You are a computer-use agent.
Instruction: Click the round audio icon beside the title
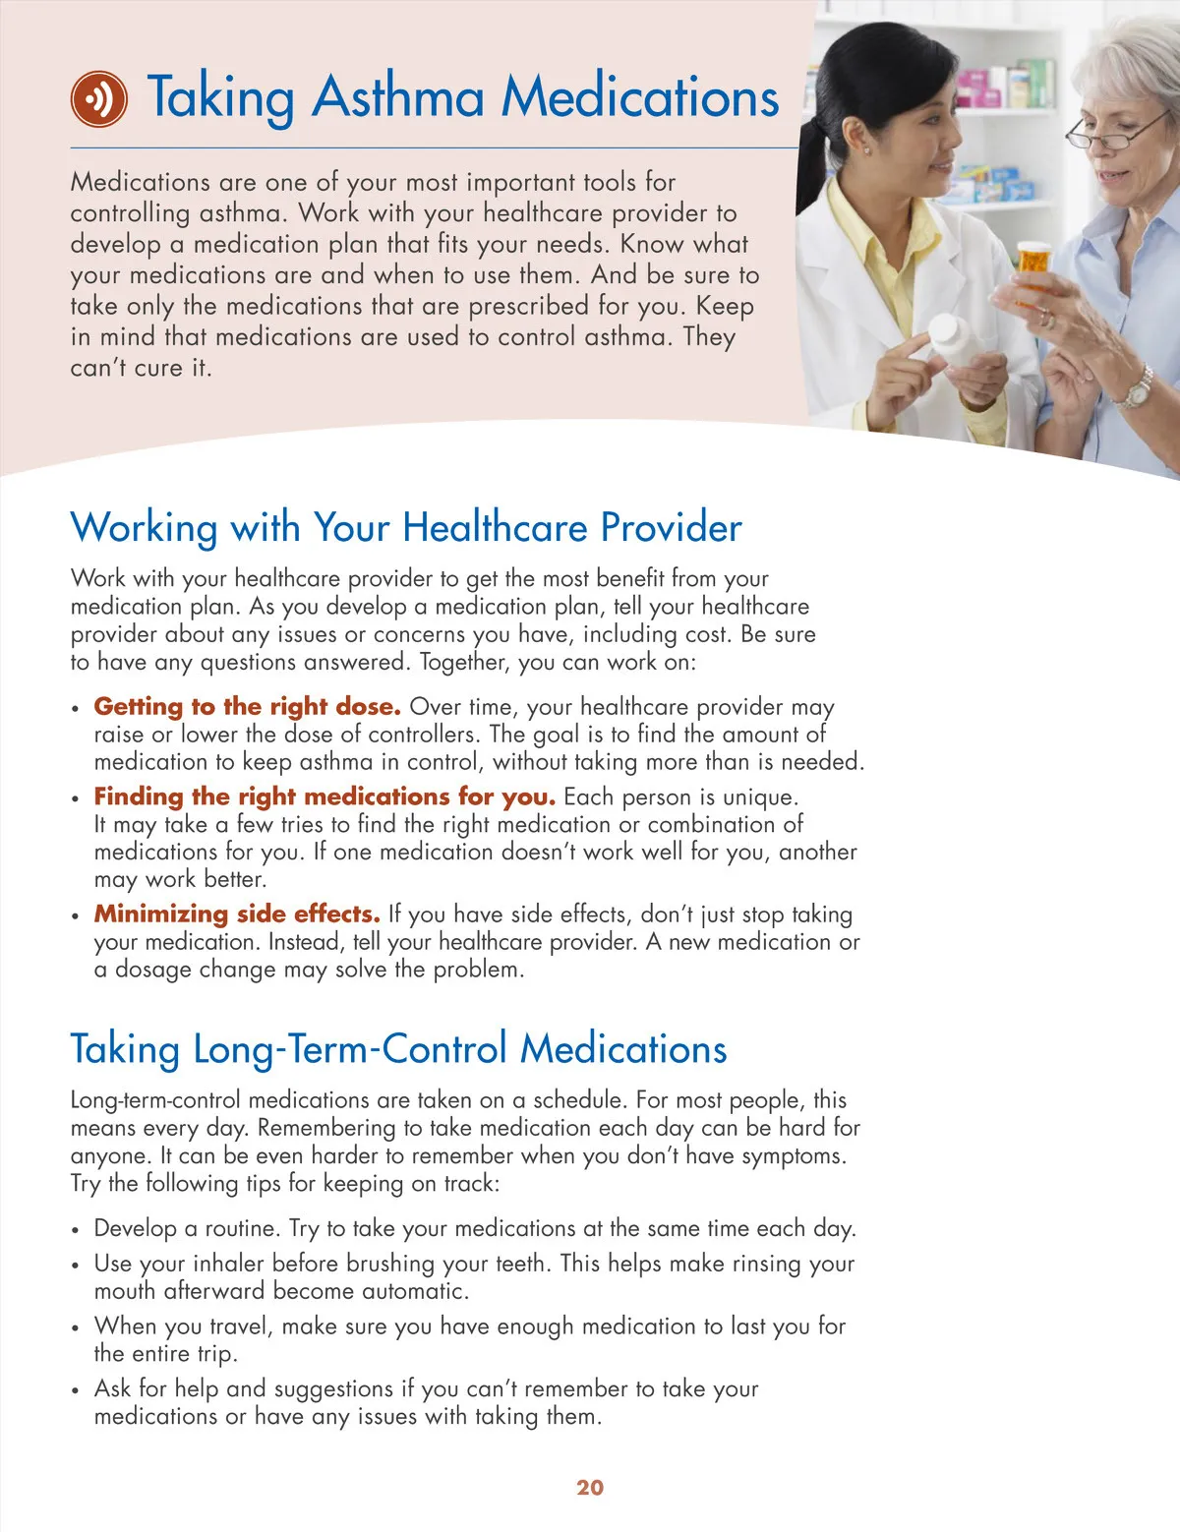[98, 98]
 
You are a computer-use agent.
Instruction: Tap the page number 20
[590, 1488]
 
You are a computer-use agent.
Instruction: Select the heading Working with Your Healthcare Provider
[405, 528]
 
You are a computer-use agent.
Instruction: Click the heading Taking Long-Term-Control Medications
[398, 1049]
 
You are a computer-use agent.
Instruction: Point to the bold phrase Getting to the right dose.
[247, 707]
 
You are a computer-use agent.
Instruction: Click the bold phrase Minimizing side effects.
[237, 914]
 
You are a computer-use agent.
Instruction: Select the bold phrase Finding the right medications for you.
[324, 796]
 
